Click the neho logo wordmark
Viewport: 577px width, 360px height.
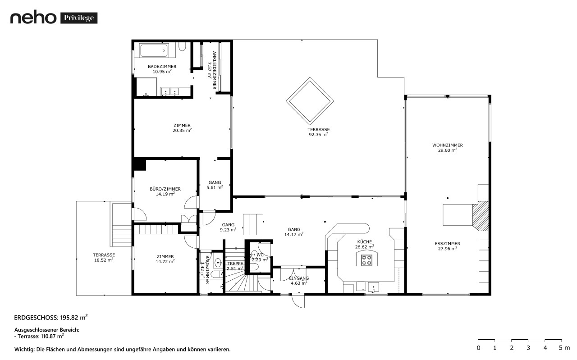(33, 18)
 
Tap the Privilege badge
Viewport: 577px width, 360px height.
(79, 18)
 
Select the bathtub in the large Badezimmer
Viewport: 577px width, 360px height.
(154, 50)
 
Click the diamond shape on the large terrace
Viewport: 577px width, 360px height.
(310, 101)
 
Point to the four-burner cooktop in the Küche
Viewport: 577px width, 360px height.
(366, 260)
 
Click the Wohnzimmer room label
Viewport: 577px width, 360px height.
(448, 145)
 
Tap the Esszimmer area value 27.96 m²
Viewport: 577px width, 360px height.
(448, 249)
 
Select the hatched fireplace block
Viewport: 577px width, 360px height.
(481, 216)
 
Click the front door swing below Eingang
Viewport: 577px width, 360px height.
(298, 301)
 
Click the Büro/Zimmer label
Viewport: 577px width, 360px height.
(165, 189)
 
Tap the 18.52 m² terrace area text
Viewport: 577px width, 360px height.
(104, 260)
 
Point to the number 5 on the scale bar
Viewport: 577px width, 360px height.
(561, 348)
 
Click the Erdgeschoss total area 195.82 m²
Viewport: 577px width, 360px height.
(73, 318)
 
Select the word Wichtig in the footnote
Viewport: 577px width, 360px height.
(24, 350)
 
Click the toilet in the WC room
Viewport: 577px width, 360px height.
(254, 255)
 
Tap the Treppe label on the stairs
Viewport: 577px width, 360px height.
(235, 264)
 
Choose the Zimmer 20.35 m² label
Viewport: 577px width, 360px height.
(182, 128)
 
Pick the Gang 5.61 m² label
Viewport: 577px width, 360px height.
(215, 185)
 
